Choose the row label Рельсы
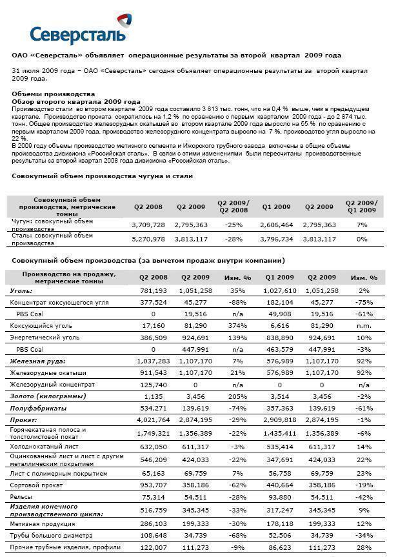coord(22,496)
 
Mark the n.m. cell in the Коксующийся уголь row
coord(364,326)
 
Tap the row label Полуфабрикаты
coord(37,409)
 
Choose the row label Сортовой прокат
coord(36,485)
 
